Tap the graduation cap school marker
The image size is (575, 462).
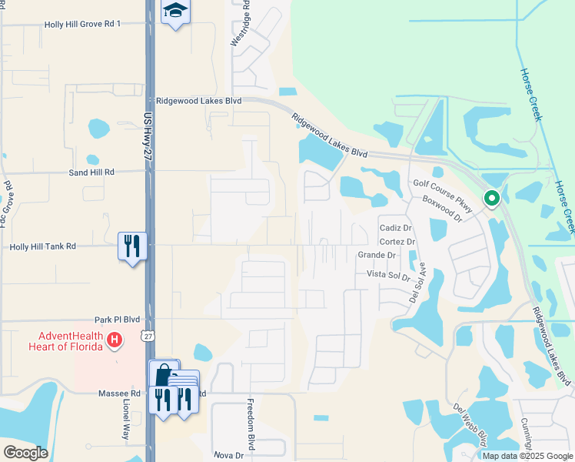coord(175,12)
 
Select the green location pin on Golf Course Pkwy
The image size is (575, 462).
coord(491,199)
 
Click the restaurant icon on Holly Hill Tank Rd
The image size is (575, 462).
coord(132,246)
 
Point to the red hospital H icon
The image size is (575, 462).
coord(114,339)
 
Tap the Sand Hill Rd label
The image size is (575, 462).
coord(91,172)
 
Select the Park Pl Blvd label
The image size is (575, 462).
coord(117,319)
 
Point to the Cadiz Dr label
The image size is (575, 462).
coord(397,229)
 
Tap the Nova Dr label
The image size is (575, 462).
coord(228,455)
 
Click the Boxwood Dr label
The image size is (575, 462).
coord(441,209)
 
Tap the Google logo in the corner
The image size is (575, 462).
coord(25,453)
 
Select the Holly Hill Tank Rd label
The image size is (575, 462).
coord(43,246)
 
